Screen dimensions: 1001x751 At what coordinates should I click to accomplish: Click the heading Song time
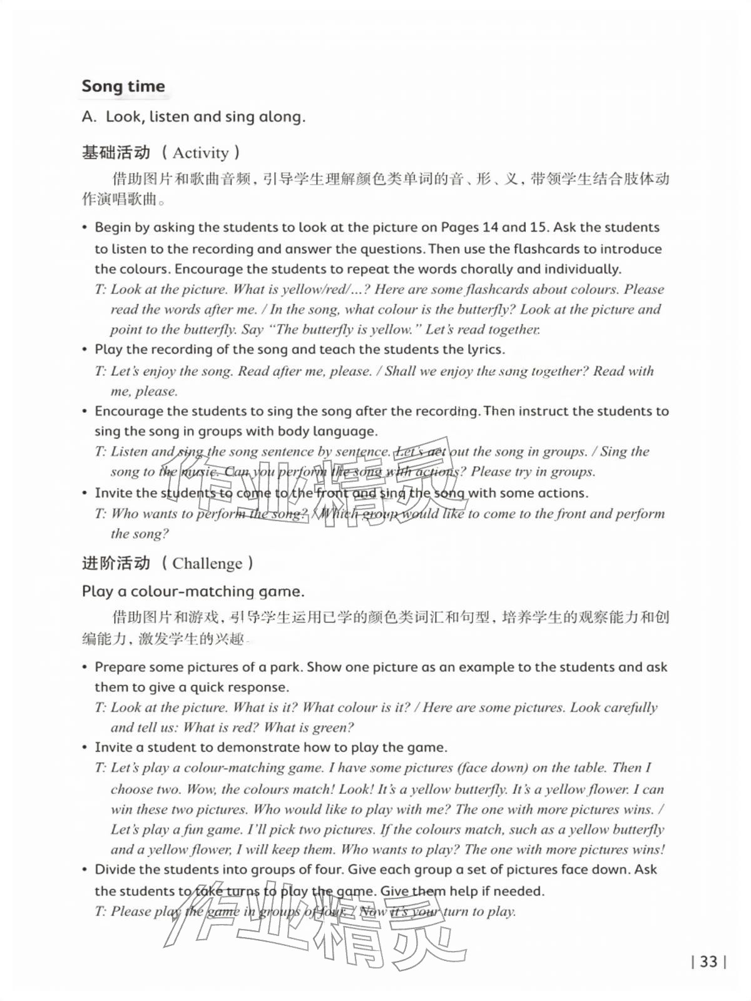pyautogui.click(x=123, y=86)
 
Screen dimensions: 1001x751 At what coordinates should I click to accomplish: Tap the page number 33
pyautogui.click(x=708, y=962)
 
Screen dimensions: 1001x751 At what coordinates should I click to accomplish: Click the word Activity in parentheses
pyautogui.click(x=200, y=153)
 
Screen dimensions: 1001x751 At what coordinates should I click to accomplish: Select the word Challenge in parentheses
pyautogui.click(x=207, y=564)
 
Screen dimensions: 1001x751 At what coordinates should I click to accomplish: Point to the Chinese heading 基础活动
pyautogui.click(x=116, y=153)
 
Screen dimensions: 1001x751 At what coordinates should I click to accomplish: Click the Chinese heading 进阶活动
pyautogui.click(x=116, y=563)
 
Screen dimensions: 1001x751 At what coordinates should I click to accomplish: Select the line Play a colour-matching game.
pyautogui.click(x=193, y=591)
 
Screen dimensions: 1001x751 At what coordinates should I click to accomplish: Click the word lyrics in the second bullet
pyautogui.click(x=485, y=349)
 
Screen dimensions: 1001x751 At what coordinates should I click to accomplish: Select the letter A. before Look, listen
pyautogui.click(x=89, y=117)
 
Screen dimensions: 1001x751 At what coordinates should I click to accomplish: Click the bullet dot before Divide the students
pyautogui.click(x=85, y=870)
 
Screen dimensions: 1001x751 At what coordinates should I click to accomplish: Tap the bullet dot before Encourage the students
pyautogui.click(x=85, y=411)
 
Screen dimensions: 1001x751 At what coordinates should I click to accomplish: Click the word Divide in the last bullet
pyautogui.click(x=113, y=870)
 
